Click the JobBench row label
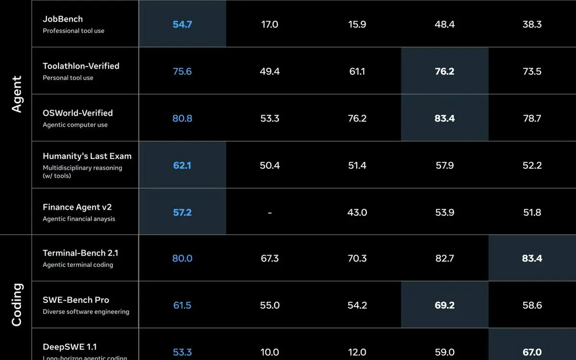(x=63, y=19)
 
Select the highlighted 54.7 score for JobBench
(x=182, y=24)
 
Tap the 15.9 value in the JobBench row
(x=357, y=24)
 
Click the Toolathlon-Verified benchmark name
(x=81, y=66)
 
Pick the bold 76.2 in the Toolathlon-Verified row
(x=444, y=71)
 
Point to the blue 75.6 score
(x=182, y=71)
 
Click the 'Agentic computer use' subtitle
(x=75, y=125)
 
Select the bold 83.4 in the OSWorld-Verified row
(x=444, y=118)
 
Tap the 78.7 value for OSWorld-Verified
(x=532, y=118)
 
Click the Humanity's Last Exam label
(x=87, y=156)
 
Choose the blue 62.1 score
(x=182, y=165)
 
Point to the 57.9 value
(x=444, y=165)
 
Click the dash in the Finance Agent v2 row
(x=270, y=213)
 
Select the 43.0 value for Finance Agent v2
(x=357, y=212)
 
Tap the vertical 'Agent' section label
(x=17, y=94)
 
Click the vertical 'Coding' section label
(x=17, y=305)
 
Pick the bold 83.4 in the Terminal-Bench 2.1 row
(x=532, y=258)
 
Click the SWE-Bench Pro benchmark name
(x=76, y=300)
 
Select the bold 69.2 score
(x=444, y=305)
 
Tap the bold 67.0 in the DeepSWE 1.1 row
(x=532, y=352)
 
